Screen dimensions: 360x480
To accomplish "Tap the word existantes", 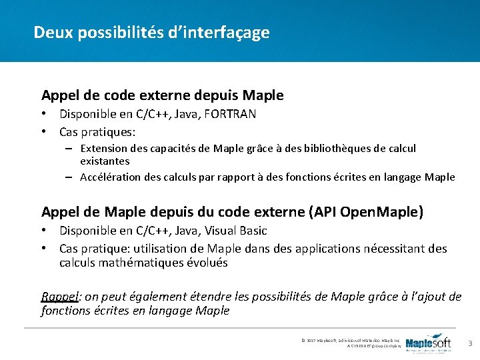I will tap(105, 161).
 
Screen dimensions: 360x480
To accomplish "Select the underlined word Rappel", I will tap(59, 297).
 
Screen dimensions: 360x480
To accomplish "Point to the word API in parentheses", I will tap(323, 212).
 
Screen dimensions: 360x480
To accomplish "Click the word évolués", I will tap(205, 263).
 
